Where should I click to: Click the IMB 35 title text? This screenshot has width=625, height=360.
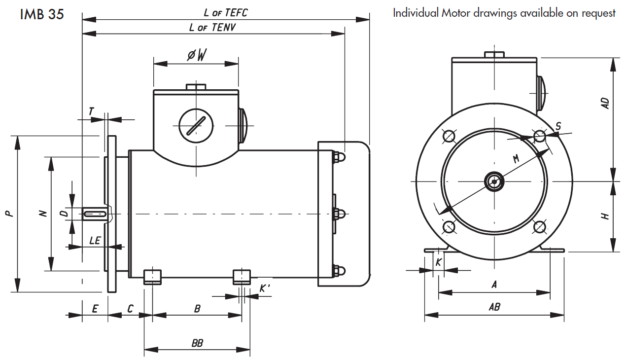coord(42,14)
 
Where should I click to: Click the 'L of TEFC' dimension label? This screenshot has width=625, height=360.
coord(225,13)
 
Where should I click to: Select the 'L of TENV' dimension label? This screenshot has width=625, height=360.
coord(212,27)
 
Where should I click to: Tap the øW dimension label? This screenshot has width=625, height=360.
coord(196,56)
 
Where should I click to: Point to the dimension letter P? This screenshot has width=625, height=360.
coord(8,214)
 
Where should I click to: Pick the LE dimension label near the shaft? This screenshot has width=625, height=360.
coord(95,241)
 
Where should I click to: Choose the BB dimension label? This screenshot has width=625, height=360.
coord(197,343)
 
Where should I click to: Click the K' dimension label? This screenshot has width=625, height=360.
coord(265,289)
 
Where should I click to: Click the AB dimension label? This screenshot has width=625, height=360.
coord(494,307)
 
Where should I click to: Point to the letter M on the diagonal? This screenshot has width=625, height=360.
coord(516,159)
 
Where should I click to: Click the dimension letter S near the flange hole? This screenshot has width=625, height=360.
coord(558,127)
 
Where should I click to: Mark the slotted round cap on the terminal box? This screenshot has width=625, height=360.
coord(195,125)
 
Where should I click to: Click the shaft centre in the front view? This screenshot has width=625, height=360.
coord(494,181)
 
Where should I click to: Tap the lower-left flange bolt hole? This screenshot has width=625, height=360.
coord(449,227)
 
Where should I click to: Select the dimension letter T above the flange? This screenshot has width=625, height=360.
coord(91,112)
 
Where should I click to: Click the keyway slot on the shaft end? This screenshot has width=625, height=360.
coord(95,214)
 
